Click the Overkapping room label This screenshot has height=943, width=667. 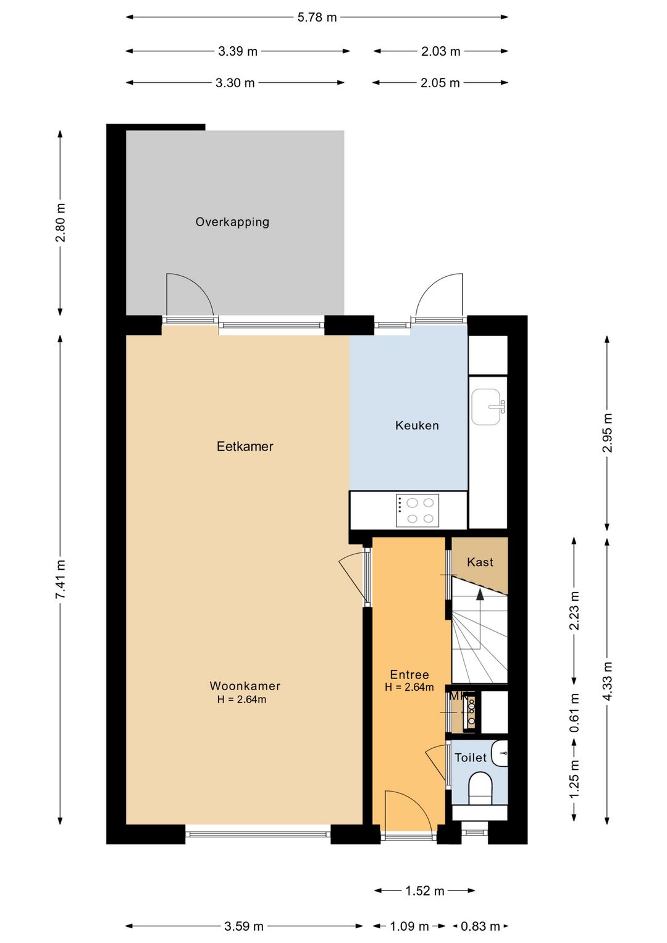[232, 222]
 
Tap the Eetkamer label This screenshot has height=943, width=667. [245, 446]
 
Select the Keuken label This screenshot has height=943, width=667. [417, 425]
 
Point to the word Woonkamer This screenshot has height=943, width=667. [245, 686]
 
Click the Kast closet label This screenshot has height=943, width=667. [480, 562]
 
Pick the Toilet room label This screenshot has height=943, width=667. [471, 758]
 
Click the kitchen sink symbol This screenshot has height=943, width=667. [487, 407]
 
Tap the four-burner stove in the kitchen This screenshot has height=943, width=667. [417, 510]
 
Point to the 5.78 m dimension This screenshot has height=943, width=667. [317, 17]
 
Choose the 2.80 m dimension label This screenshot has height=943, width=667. [61, 222]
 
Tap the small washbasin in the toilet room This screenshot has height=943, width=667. [500, 753]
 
